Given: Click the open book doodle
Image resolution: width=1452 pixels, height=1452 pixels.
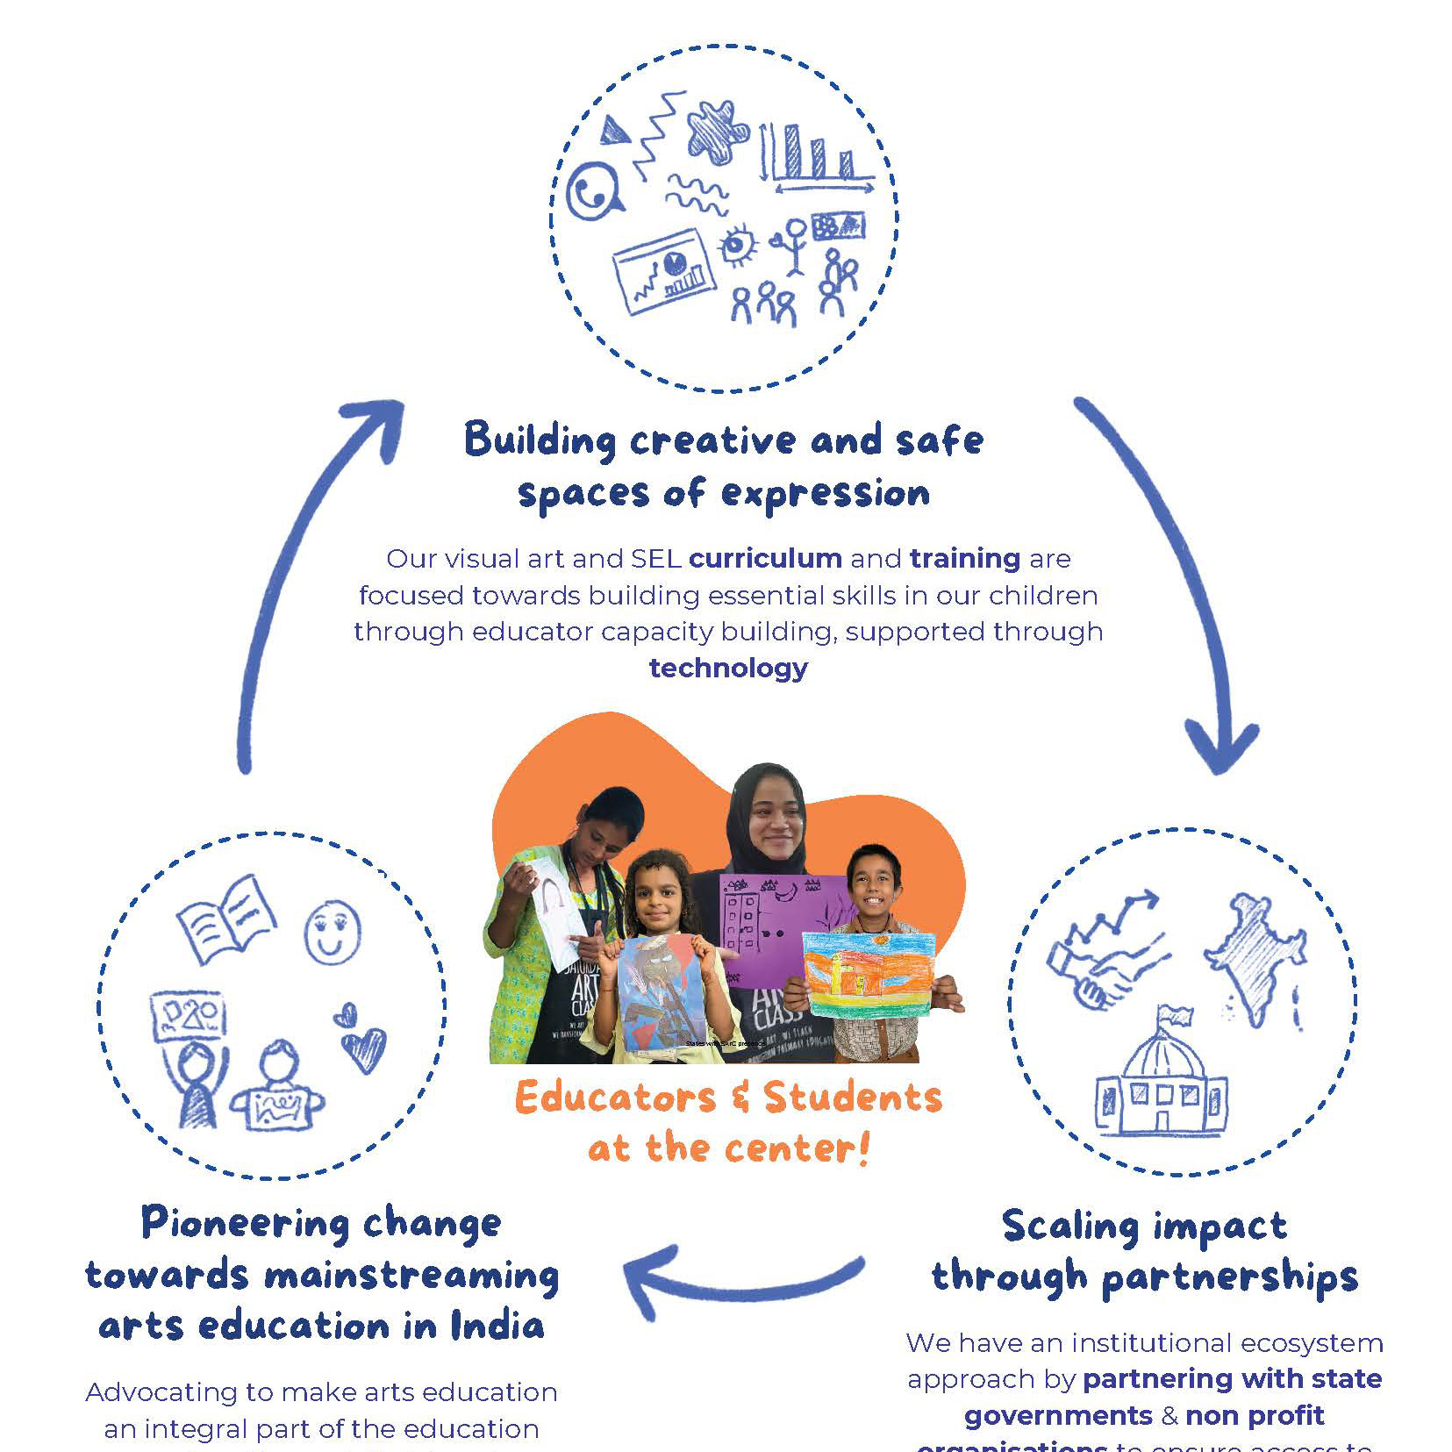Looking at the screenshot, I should pyautogui.click(x=226, y=919).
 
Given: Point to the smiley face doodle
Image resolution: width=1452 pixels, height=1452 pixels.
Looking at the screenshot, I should pyautogui.click(x=332, y=932).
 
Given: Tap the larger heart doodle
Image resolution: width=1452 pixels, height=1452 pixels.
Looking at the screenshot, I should pyautogui.click(x=363, y=1048).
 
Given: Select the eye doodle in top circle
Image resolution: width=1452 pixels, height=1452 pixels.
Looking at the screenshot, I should pyautogui.click(x=738, y=245).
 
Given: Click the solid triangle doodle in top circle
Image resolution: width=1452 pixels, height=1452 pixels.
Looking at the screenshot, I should pyautogui.click(x=614, y=130).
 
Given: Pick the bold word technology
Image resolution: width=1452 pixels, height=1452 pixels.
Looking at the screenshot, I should pyautogui.click(x=728, y=668).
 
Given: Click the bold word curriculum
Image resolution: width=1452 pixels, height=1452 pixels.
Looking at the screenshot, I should pyautogui.click(x=765, y=558).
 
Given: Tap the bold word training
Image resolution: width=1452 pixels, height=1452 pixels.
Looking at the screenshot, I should pyautogui.click(x=964, y=559).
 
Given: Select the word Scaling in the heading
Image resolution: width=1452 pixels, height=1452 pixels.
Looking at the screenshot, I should pyautogui.click(x=1069, y=1226).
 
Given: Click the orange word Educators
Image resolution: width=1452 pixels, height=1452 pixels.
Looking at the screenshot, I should pyautogui.click(x=615, y=1097).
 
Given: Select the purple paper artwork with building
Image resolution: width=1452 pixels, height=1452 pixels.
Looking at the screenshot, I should pyautogui.click(x=772, y=921).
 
